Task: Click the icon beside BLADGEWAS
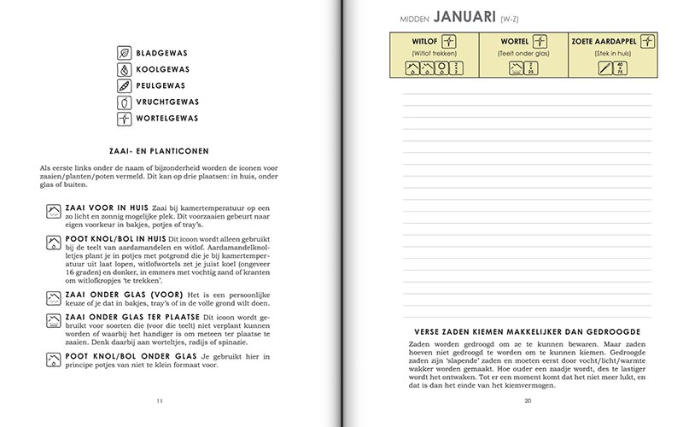click(123, 52)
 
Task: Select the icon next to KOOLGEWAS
click(123, 68)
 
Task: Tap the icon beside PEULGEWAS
click(123, 85)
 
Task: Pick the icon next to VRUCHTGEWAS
click(123, 102)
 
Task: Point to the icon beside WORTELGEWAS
click(123, 119)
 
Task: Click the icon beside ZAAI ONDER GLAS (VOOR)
click(53, 298)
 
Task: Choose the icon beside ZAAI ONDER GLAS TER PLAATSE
click(53, 320)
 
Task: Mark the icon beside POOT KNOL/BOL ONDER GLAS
click(53, 357)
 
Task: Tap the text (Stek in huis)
click(612, 54)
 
